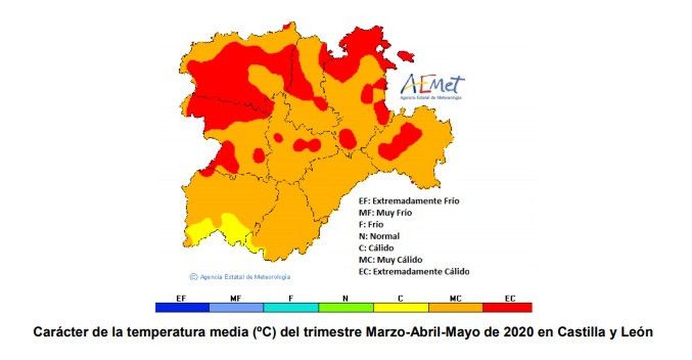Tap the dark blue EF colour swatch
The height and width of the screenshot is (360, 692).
click(x=182, y=308)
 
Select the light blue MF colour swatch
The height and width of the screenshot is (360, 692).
click(x=236, y=308)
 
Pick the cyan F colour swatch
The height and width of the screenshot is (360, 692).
click(x=291, y=308)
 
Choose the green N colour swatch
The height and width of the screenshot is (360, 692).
click(x=346, y=308)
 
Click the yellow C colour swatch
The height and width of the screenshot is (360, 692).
click(x=400, y=308)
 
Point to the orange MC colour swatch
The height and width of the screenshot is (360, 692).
click(x=455, y=308)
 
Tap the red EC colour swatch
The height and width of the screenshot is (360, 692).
click(x=507, y=308)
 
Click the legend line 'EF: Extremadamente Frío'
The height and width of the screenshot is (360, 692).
click(x=409, y=201)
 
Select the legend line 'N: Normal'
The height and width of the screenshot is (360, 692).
click(x=379, y=236)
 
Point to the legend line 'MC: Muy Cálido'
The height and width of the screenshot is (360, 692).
click(x=390, y=260)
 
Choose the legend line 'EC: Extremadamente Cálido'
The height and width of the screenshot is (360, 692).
click(x=414, y=272)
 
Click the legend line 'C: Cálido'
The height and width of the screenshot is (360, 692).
click(x=376, y=248)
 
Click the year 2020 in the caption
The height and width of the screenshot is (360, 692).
click(x=519, y=332)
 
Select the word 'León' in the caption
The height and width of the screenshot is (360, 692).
click(x=637, y=332)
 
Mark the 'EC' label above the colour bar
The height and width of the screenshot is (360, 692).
click(x=510, y=298)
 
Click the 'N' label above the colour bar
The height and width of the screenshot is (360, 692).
click(x=345, y=298)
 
